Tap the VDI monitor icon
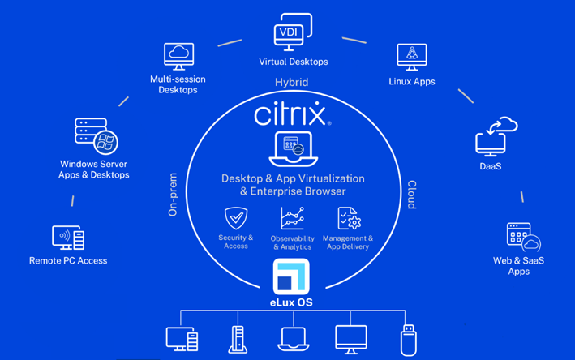(293, 32)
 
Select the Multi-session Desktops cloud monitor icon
(178, 57)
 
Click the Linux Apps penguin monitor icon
(412, 58)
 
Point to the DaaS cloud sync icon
(496, 136)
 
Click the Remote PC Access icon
(68, 238)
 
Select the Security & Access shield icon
(236, 218)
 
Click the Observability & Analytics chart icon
(292, 218)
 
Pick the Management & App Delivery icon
(349, 218)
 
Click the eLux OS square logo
(291, 276)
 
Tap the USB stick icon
(408, 340)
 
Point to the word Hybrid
(291, 82)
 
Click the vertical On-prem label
(173, 195)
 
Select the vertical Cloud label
(412, 195)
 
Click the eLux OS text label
(291, 302)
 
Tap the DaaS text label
(491, 166)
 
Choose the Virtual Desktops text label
(294, 62)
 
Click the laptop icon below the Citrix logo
(294, 149)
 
